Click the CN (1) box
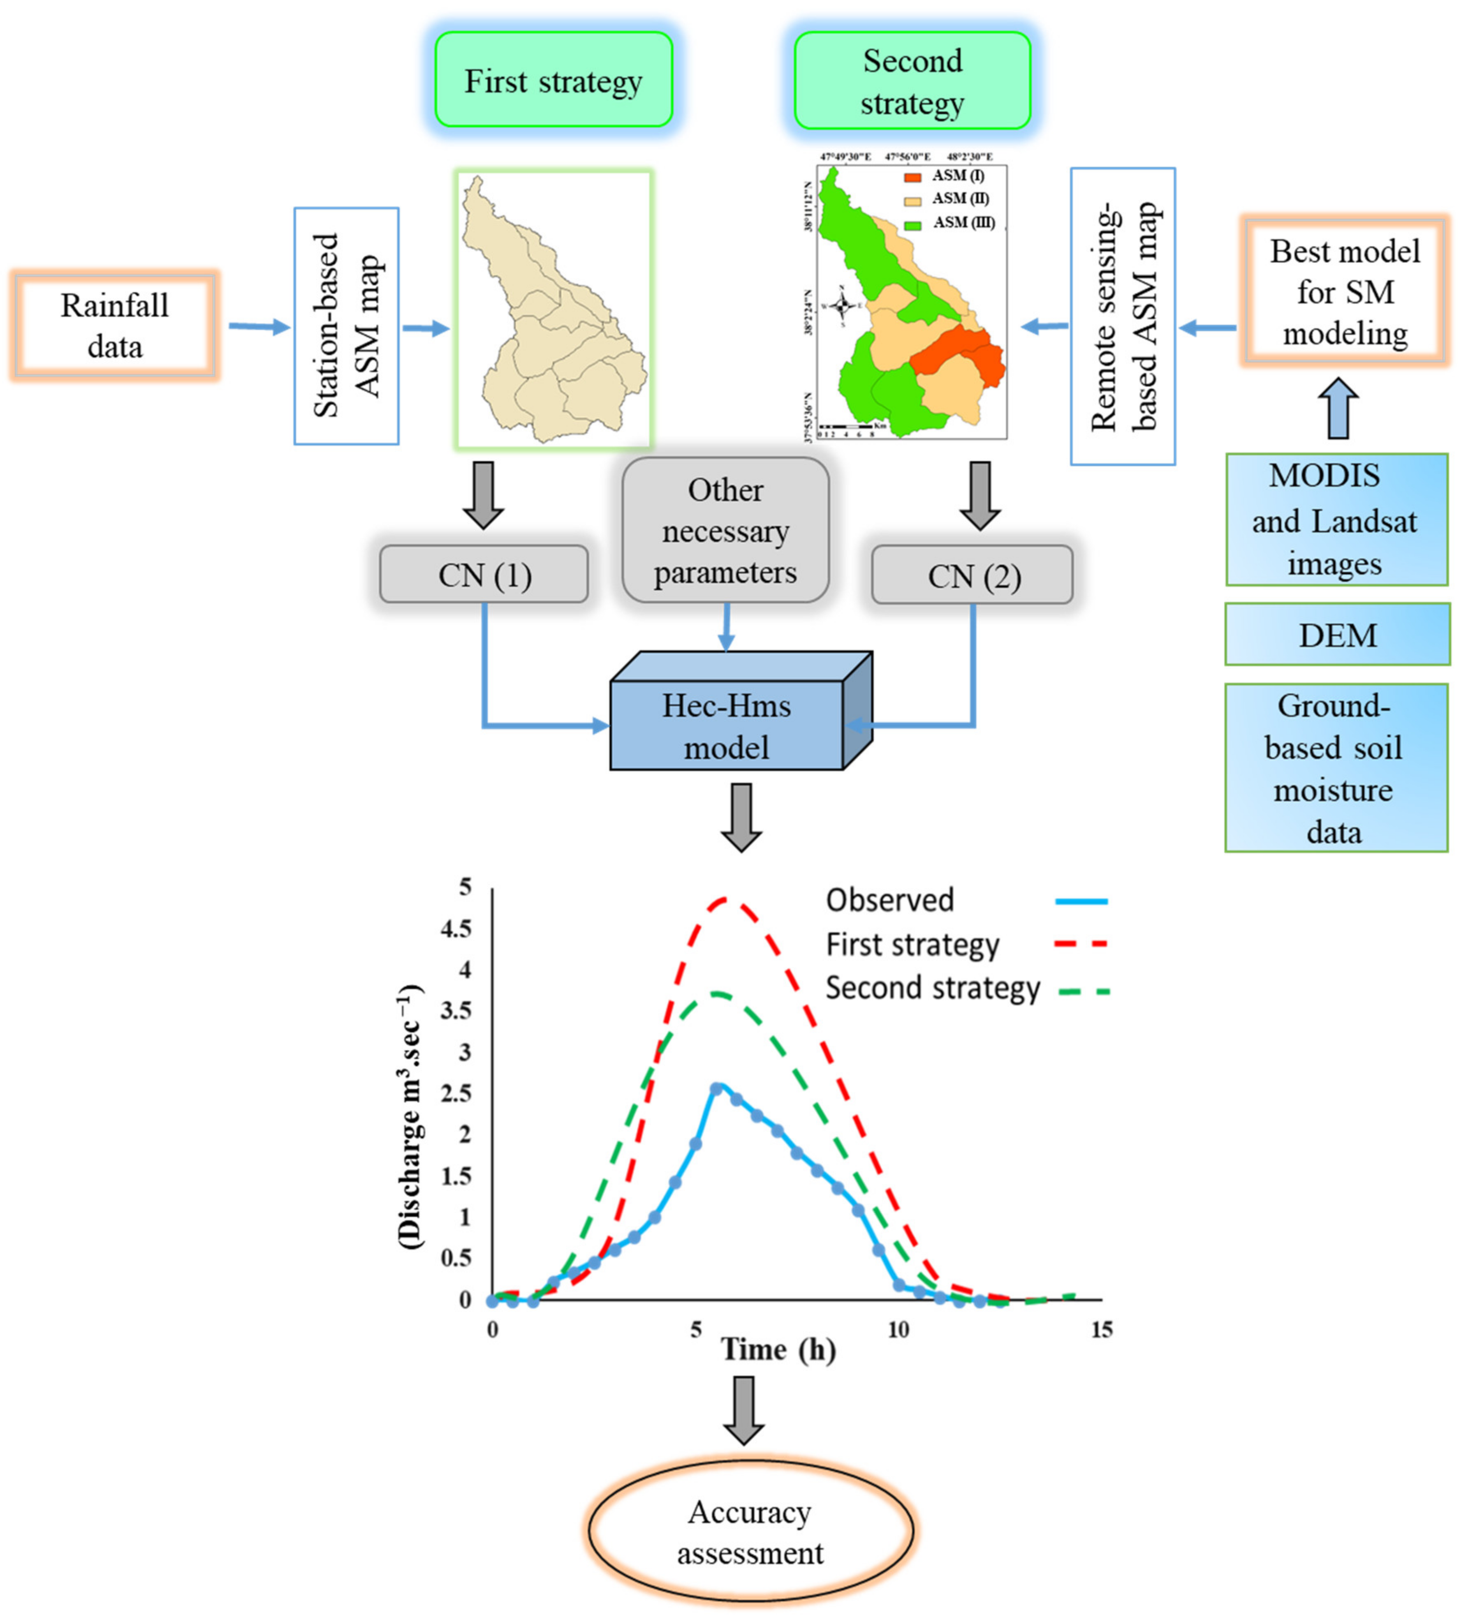tap(484, 574)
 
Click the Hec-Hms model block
tap(726, 726)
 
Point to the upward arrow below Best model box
tap(1338, 409)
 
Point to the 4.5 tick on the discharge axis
tap(456, 929)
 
